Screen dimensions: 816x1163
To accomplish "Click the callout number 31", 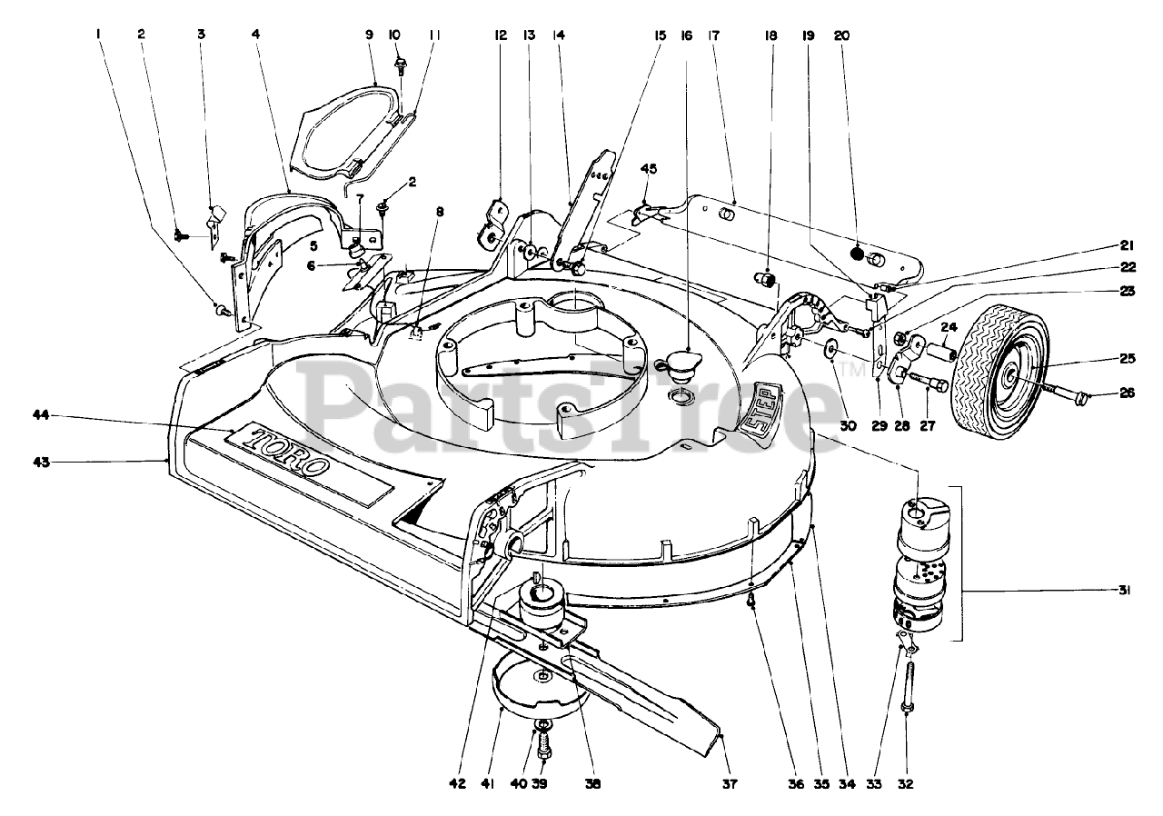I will point(1125,591).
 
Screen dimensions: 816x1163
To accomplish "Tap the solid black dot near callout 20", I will point(857,254).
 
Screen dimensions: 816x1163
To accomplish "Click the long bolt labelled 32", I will point(909,682).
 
